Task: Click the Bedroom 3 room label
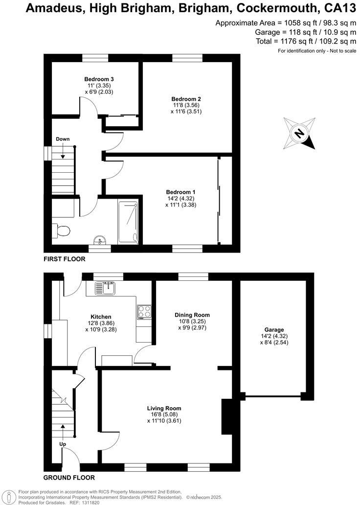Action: pos(99,79)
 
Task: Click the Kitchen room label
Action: pos(101,317)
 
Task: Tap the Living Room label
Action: pos(164,408)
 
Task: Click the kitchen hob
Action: pos(144,311)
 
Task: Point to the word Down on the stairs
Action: pos(63,139)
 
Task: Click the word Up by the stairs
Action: pos(63,444)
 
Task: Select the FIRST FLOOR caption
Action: pos(65,259)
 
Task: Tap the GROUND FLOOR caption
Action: pos(69,478)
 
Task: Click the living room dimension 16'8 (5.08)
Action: pos(164,414)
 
